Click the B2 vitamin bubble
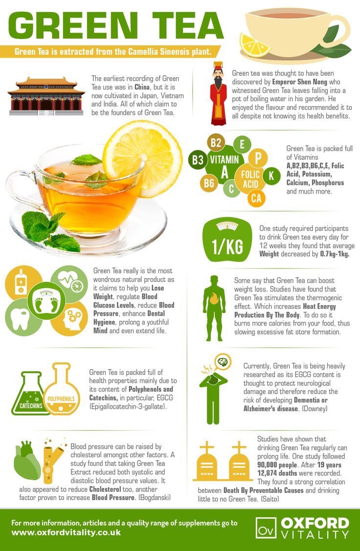click(216, 143)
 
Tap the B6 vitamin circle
click(209, 183)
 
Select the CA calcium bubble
click(256, 198)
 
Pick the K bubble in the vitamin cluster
click(271, 176)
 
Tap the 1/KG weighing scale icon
click(227, 239)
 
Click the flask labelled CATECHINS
click(31, 394)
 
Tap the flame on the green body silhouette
click(214, 299)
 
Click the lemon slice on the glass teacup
click(142, 158)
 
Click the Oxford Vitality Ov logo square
click(266, 528)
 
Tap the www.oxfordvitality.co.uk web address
click(66, 532)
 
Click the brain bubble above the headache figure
click(223, 362)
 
